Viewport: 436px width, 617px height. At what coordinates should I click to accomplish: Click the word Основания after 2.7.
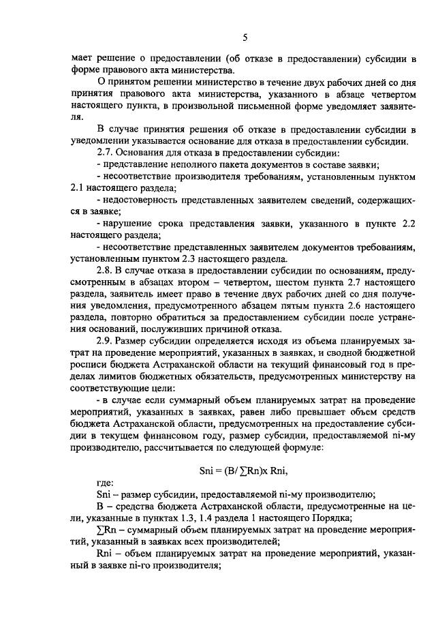click(x=144, y=154)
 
